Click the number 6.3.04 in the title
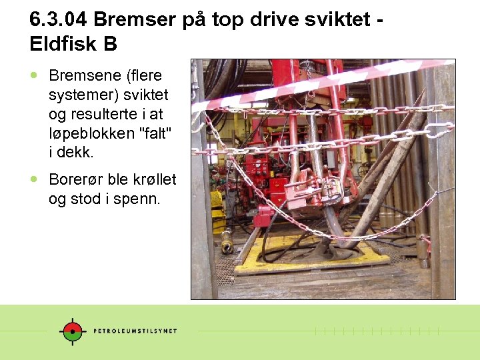[59, 19]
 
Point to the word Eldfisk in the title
[64, 44]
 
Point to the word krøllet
[151, 179]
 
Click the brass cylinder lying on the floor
[227, 241]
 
